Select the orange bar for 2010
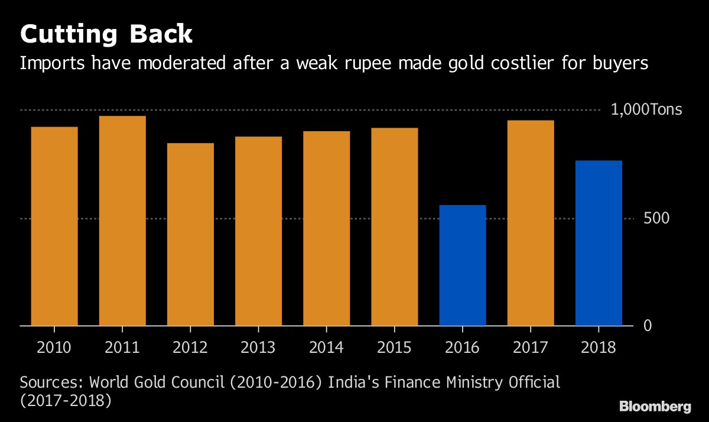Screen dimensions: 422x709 click(x=54, y=226)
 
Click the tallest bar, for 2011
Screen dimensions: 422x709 click(x=122, y=220)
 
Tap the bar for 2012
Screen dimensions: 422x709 click(x=190, y=234)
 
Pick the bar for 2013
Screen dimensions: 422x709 click(x=258, y=231)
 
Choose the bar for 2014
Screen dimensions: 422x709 click(x=326, y=228)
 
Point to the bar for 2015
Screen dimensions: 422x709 click(x=395, y=226)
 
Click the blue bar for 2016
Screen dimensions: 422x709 click(x=463, y=265)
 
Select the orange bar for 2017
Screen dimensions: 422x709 click(x=531, y=223)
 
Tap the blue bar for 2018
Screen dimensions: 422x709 click(x=599, y=243)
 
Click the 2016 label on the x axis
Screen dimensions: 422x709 click(x=463, y=347)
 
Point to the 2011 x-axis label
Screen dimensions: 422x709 click(x=122, y=347)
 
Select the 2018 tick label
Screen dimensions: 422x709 click(x=599, y=347)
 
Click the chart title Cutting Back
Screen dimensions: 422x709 click(x=106, y=34)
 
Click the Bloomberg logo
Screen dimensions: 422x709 click(x=655, y=406)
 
